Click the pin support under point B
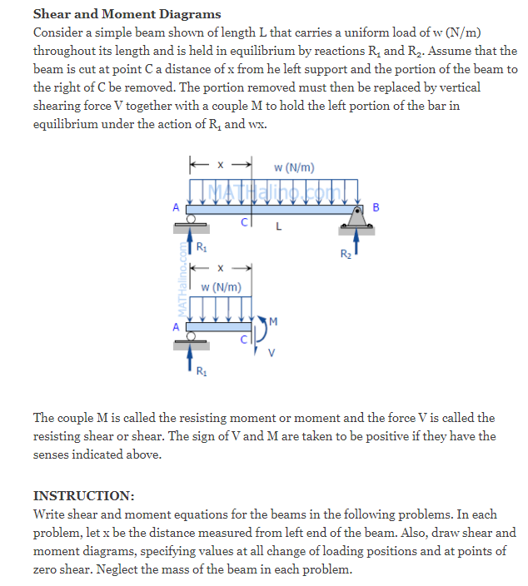(x=359, y=218)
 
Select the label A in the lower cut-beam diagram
(x=176, y=326)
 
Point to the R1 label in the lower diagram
(x=202, y=370)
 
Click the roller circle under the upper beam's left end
(x=191, y=218)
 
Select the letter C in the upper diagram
(x=244, y=222)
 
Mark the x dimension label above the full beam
(x=220, y=164)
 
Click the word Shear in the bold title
(x=52, y=13)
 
